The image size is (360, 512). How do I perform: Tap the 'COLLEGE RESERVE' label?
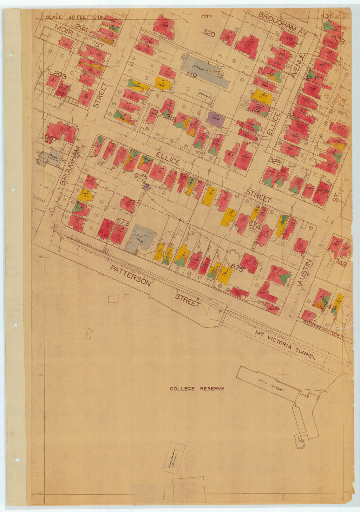197,389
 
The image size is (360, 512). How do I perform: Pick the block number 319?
191,75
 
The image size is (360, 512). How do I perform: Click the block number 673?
122,222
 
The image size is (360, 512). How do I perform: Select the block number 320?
208,33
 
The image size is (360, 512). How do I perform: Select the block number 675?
237,269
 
